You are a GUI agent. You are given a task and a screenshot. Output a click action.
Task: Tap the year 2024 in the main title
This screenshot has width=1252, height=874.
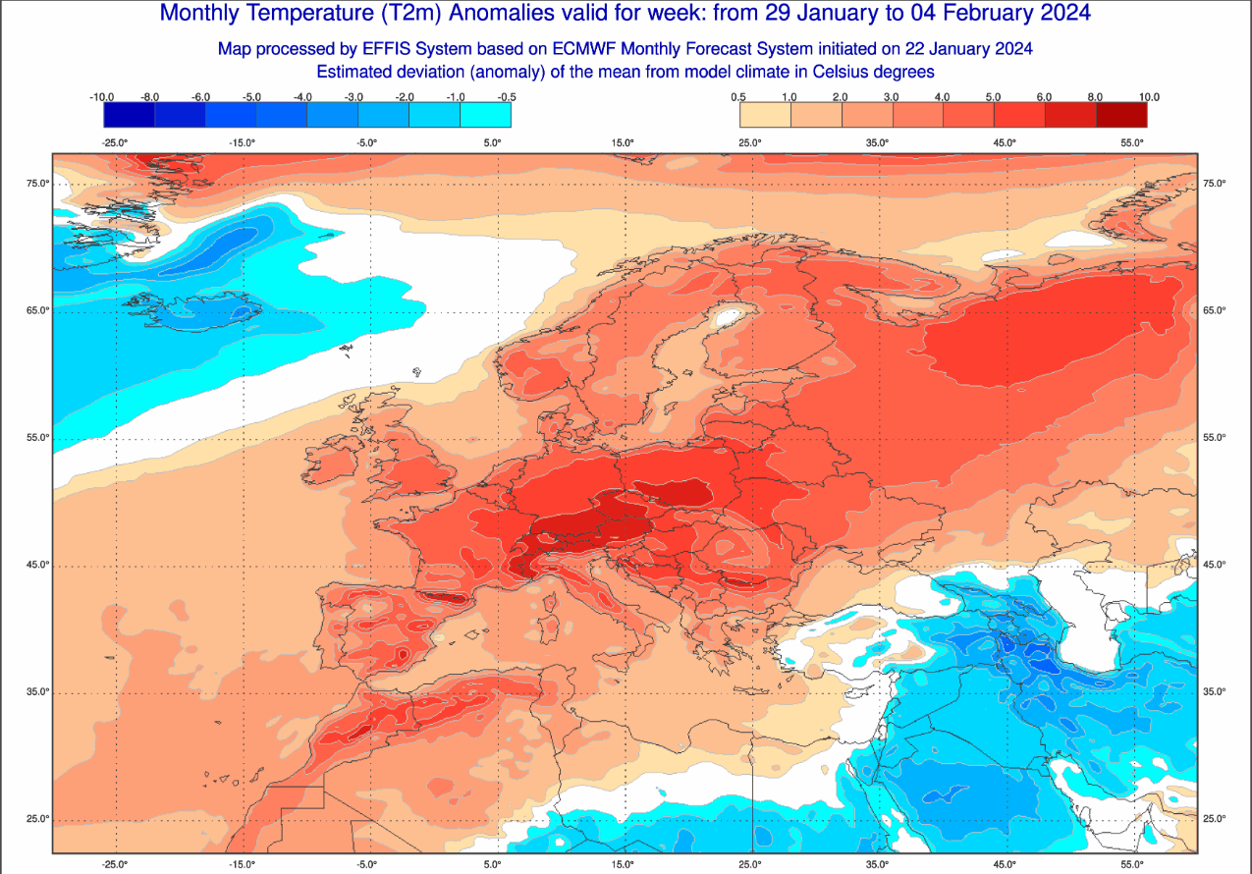tap(1058, 14)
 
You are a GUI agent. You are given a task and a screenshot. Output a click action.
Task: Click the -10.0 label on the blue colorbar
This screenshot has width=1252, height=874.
tap(102, 97)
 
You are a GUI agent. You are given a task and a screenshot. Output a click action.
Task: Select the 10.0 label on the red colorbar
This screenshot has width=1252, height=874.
tap(1148, 97)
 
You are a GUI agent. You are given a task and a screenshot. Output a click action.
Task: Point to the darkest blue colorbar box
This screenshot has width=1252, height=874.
tap(129, 115)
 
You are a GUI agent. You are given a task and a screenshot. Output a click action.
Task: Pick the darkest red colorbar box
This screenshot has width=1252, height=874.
tap(1121, 115)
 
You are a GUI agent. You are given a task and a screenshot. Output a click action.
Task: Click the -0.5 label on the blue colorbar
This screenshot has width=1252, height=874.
tap(508, 97)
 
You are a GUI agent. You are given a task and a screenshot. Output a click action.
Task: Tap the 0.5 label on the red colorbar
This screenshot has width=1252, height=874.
tap(739, 97)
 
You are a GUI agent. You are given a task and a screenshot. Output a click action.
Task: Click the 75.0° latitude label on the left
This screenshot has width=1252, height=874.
tap(37, 184)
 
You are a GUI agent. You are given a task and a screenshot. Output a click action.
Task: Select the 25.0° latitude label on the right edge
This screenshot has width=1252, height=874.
tap(1214, 819)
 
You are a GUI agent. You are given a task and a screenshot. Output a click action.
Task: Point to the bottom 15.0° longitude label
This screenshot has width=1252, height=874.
tap(623, 865)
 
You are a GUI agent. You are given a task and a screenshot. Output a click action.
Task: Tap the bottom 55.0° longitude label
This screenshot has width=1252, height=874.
tap(1131, 865)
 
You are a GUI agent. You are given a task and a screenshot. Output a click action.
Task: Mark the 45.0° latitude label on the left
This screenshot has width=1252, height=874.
tap(37, 565)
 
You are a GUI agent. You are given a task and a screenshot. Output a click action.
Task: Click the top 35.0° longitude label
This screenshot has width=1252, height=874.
tap(877, 142)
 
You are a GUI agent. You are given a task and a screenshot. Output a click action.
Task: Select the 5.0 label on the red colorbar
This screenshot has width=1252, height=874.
tap(994, 97)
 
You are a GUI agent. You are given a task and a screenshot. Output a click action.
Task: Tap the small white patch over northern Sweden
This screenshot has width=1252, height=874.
tap(728, 317)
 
